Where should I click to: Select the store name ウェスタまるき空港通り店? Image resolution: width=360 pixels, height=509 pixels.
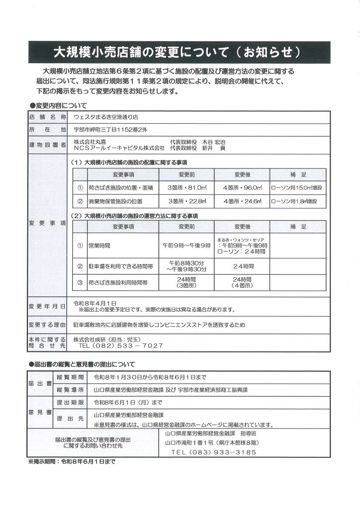[x=106, y=117]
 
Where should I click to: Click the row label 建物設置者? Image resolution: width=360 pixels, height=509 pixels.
[x=48, y=145]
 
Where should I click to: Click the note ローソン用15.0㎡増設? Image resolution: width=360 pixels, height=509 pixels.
[x=297, y=188]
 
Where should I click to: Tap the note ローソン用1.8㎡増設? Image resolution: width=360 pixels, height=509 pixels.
[x=297, y=201]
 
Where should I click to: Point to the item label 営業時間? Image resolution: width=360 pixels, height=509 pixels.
[x=99, y=246]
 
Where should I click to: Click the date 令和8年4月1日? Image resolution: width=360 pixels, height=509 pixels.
[x=95, y=302]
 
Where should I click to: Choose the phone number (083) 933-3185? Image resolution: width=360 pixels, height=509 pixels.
[x=213, y=452]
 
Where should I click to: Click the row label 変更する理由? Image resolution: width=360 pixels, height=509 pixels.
[x=48, y=325]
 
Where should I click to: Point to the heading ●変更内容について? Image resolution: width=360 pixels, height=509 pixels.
[x=58, y=105]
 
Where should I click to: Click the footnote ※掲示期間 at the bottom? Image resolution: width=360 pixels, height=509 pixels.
[x=72, y=461]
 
